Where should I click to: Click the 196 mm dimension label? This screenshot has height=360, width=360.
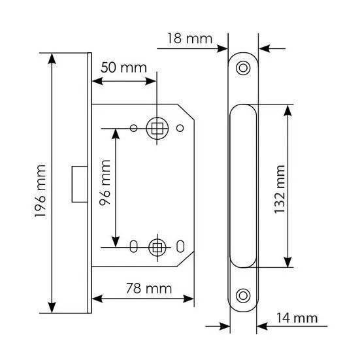click(x=40, y=191)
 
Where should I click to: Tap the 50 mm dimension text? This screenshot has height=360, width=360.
click(x=123, y=68)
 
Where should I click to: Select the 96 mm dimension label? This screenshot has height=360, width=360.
click(x=105, y=182)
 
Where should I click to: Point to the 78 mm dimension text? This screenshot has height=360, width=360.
click(x=149, y=288)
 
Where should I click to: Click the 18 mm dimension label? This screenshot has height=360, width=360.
click(x=190, y=39)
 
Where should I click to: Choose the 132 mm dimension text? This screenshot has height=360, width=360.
click(x=280, y=189)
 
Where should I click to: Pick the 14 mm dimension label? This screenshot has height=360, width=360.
click(x=297, y=318)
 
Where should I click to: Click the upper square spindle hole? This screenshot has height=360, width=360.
click(x=157, y=128)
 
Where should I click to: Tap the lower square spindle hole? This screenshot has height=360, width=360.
click(x=157, y=248)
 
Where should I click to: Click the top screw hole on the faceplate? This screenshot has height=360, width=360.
click(x=243, y=68)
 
